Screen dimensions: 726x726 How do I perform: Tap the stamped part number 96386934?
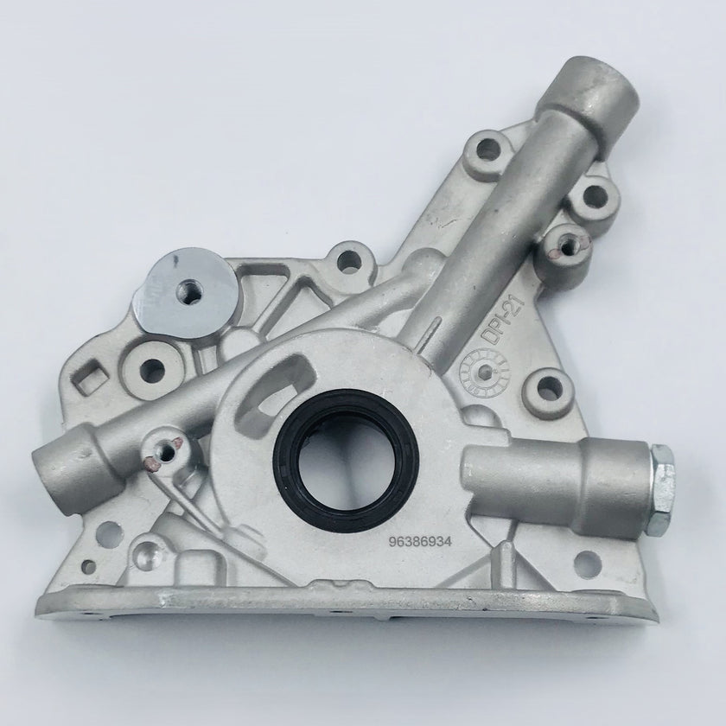coord(420,542)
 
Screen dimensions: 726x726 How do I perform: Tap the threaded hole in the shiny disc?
coord(190,290)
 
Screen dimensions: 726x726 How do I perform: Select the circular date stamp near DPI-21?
coord(484,371)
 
